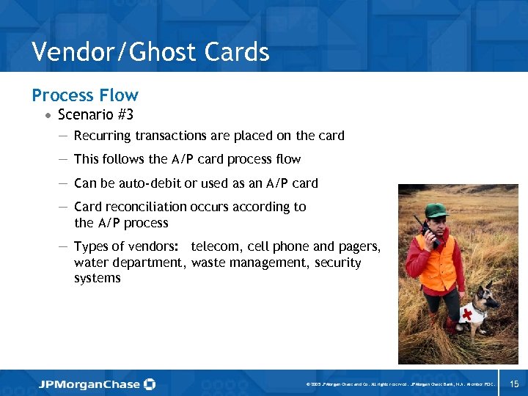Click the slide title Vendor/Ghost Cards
(150, 52)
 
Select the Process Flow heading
(84, 95)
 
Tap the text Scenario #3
(95, 114)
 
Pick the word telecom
(216, 246)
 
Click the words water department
(129, 263)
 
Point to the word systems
(97, 279)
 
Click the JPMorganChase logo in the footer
(98, 384)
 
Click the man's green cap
(436, 211)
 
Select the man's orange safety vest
(440, 263)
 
